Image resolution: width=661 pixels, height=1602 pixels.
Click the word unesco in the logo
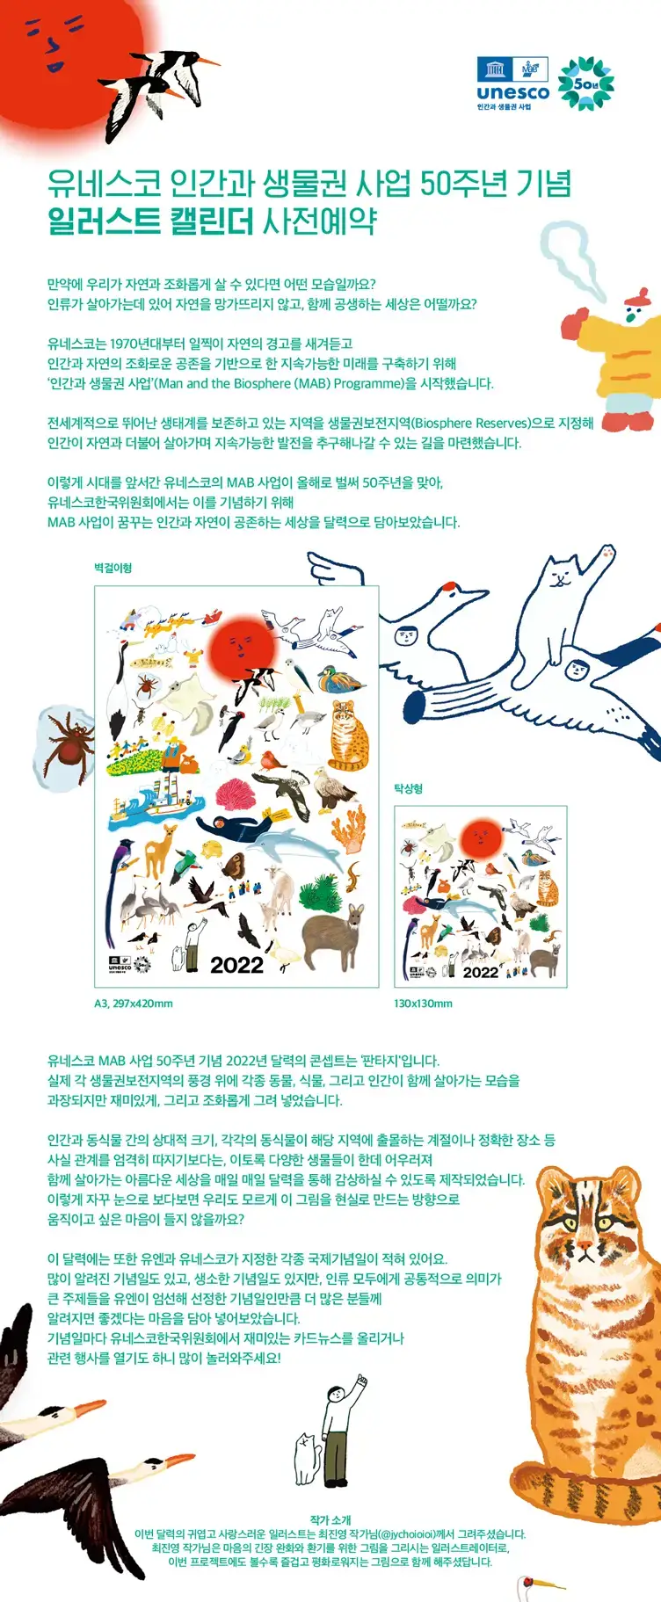tap(512, 93)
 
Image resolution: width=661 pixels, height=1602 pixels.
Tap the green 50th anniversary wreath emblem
tap(586, 83)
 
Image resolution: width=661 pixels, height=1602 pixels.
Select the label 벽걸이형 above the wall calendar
tap(113, 569)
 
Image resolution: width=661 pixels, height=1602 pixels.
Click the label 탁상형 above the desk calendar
tap(409, 788)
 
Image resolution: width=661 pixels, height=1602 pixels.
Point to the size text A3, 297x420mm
tap(134, 1003)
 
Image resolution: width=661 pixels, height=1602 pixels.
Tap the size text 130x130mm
tap(423, 1003)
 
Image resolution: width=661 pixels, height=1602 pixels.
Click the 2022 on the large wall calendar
tap(236, 965)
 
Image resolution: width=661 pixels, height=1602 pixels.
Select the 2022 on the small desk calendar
tap(480, 972)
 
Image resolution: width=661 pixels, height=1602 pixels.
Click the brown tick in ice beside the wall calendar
tap(67, 746)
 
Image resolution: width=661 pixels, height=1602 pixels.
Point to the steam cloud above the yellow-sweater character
tap(567, 250)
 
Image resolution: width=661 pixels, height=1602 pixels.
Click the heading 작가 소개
tap(330, 1519)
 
